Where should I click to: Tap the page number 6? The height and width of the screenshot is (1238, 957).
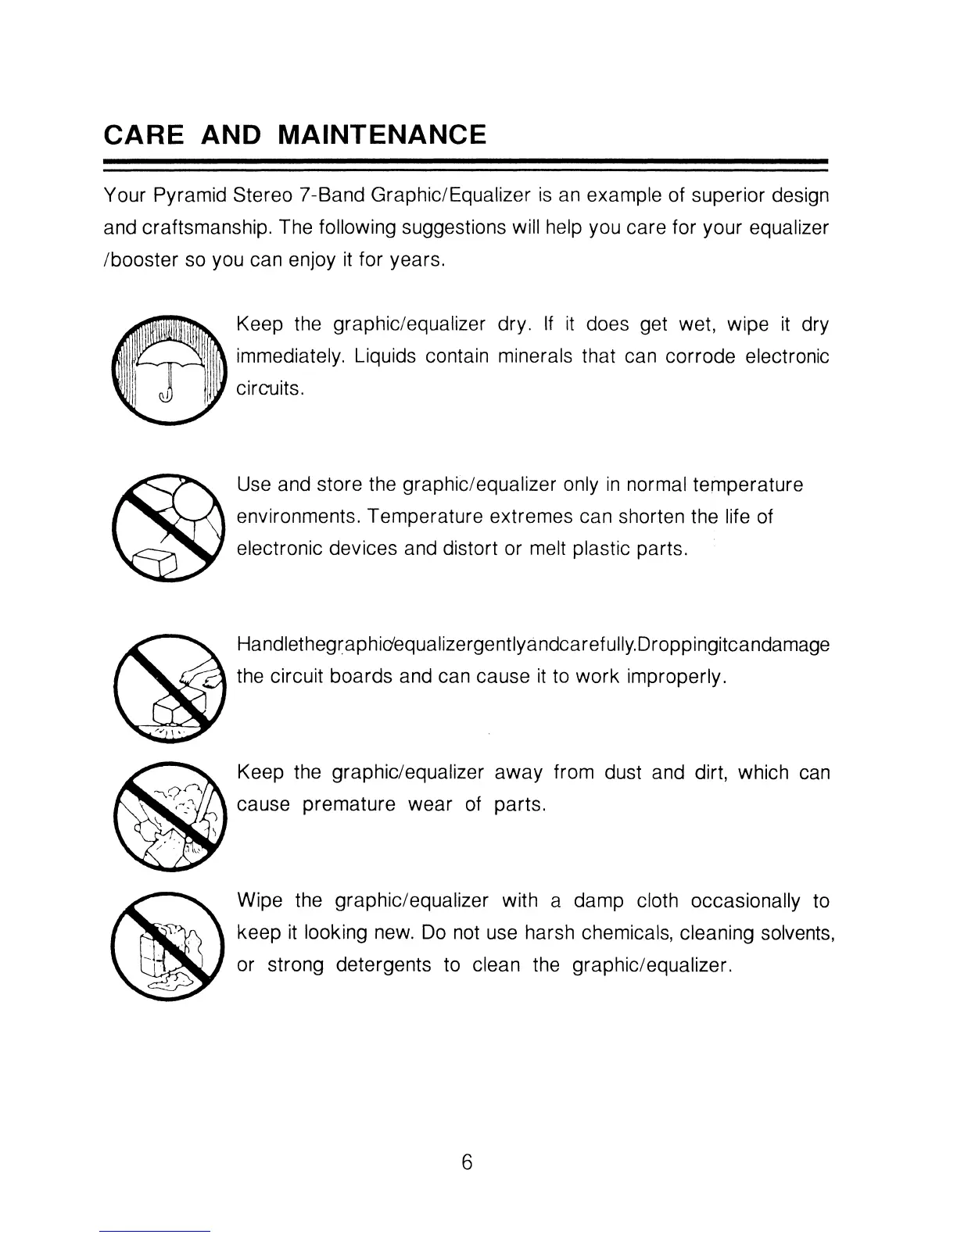point(467,1162)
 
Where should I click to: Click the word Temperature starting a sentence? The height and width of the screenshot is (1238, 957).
point(425,517)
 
